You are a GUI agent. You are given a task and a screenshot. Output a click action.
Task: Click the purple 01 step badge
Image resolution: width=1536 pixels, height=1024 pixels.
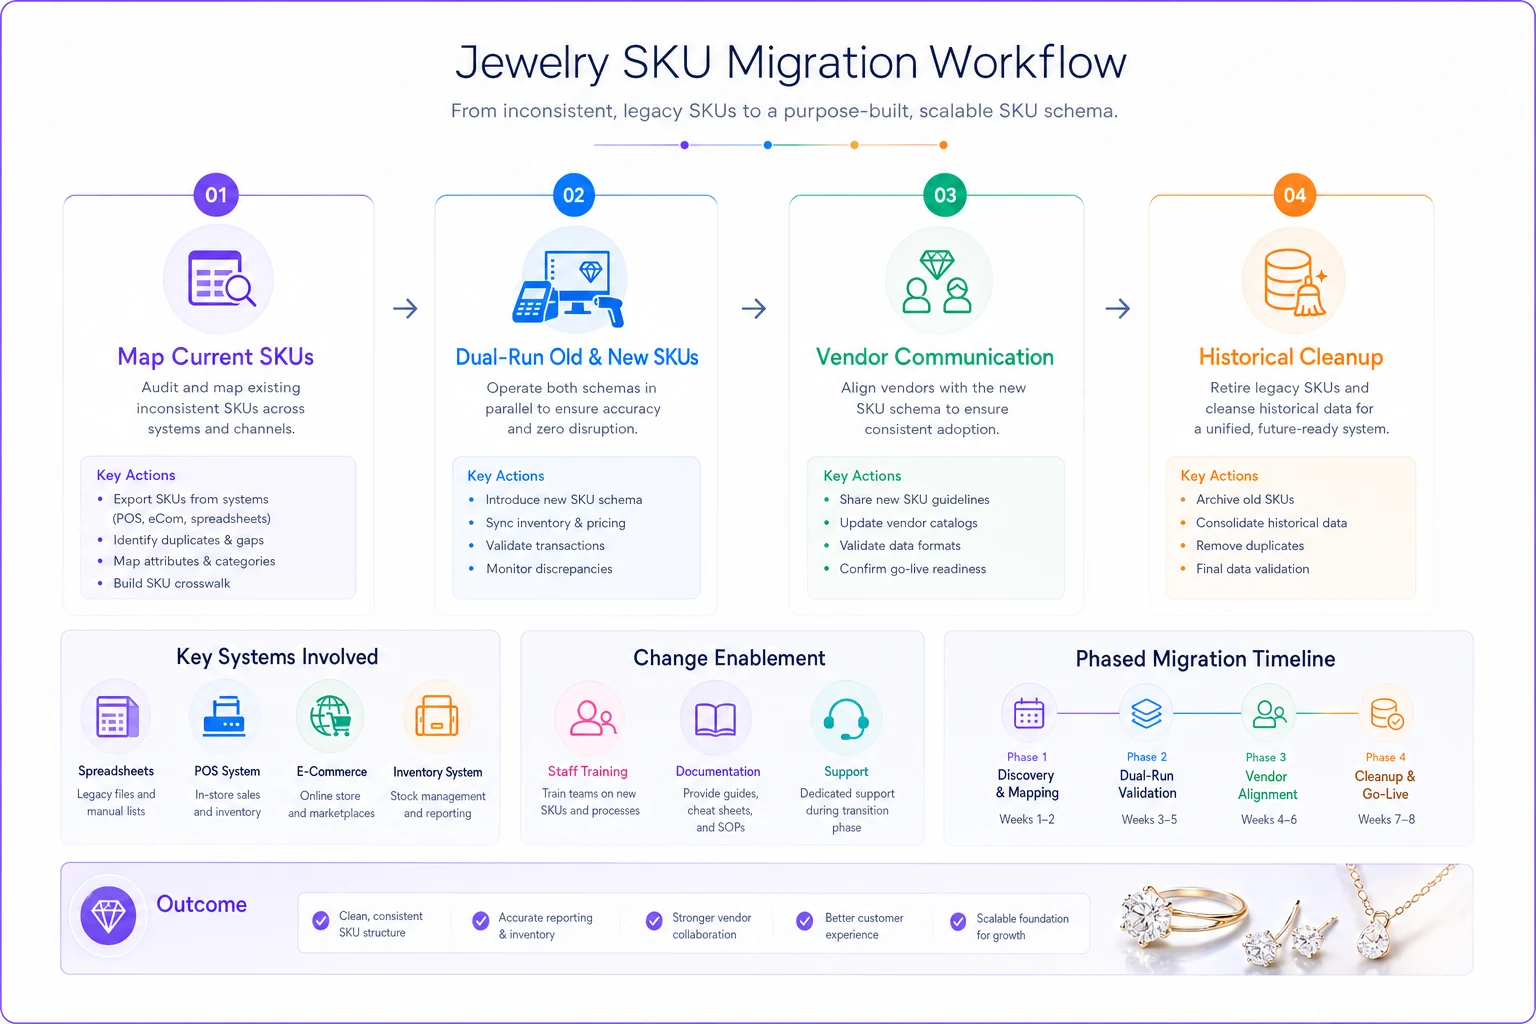(x=216, y=195)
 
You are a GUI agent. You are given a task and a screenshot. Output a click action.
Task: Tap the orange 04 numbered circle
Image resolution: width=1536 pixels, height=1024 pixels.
(x=1295, y=195)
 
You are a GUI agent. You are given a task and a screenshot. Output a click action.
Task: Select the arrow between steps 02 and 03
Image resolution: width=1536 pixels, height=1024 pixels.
(x=754, y=308)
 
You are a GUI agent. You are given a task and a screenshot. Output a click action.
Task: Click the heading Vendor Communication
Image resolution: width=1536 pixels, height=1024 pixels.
(x=935, y=357)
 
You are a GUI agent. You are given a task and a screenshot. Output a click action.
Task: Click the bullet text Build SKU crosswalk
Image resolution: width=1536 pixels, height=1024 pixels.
(x=171, y=583)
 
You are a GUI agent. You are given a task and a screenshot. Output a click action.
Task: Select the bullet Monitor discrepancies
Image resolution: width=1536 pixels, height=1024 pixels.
(x=549, y=569)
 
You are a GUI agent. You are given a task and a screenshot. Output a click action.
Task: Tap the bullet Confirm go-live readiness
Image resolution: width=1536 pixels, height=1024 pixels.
(x=913, y=569)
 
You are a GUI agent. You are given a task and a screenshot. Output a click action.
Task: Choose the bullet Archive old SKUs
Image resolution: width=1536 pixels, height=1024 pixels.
(x=1245, y=499)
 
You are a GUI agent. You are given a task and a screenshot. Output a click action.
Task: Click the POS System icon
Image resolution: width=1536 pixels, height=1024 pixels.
(x=224, y=717)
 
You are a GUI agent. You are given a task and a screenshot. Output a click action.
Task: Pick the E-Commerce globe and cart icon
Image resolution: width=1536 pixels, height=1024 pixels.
(x=331, y=716)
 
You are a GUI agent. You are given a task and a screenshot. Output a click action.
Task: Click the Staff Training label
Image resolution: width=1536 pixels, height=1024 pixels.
(x=588, y=771)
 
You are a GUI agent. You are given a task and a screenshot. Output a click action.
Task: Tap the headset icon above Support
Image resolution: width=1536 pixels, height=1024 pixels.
(x=846, y=719)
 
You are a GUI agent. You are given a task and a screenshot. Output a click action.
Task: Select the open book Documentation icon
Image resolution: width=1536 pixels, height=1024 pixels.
(x=715, y=719)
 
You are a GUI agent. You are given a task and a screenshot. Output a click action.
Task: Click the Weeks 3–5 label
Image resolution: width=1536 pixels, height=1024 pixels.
(x=1149, y=820)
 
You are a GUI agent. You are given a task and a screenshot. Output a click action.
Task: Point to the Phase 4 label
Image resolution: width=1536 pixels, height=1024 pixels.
(x=1385, y=757)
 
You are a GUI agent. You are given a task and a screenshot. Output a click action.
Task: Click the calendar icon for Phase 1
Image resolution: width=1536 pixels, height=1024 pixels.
(x=1029, y=713)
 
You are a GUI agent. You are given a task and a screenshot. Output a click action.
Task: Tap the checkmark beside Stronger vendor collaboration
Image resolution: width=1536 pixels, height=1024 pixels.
(x=654, y=920)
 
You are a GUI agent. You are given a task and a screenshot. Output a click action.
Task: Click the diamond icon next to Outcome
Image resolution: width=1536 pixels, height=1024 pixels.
(x=108, y=916)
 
